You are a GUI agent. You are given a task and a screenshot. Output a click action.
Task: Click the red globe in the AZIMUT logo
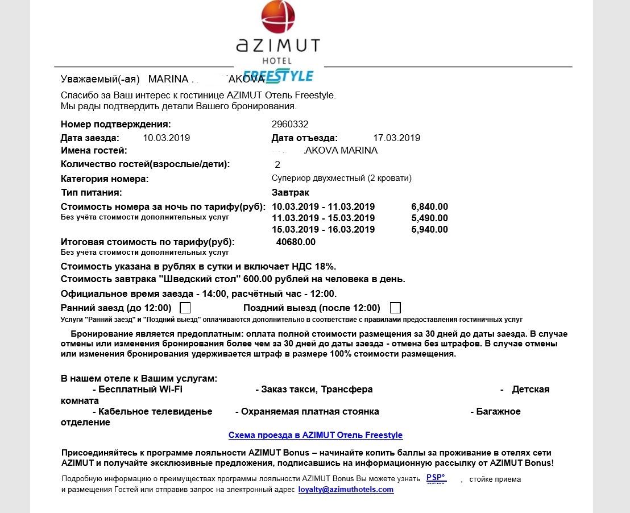point(279,18)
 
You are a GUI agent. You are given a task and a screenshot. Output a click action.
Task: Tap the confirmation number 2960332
point(290,124)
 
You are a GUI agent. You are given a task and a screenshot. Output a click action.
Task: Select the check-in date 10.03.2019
point(166,138)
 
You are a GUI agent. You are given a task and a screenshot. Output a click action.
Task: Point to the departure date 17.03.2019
point(396,138)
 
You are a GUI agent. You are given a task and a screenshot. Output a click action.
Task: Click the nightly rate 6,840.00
point(429,206)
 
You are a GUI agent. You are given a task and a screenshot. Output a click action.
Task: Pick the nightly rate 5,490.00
point(429,218)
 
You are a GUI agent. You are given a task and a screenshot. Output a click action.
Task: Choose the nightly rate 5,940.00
point(429,230)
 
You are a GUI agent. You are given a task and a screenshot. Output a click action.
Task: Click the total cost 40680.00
point(296,242)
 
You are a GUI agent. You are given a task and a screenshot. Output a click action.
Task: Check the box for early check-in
point(185,308)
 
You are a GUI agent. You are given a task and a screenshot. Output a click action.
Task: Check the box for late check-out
point(395,308)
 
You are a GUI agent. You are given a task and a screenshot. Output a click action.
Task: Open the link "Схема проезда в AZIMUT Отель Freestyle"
point(316,435)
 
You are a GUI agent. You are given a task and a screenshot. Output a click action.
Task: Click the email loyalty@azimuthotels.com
point(346,489)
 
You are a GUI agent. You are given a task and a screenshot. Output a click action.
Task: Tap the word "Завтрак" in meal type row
point(291,192)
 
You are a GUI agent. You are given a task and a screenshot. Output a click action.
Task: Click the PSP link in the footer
point(436,478)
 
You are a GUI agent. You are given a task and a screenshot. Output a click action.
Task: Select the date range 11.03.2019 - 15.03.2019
point(324,218)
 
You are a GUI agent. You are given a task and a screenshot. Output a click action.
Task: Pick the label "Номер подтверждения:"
point(115,124)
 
